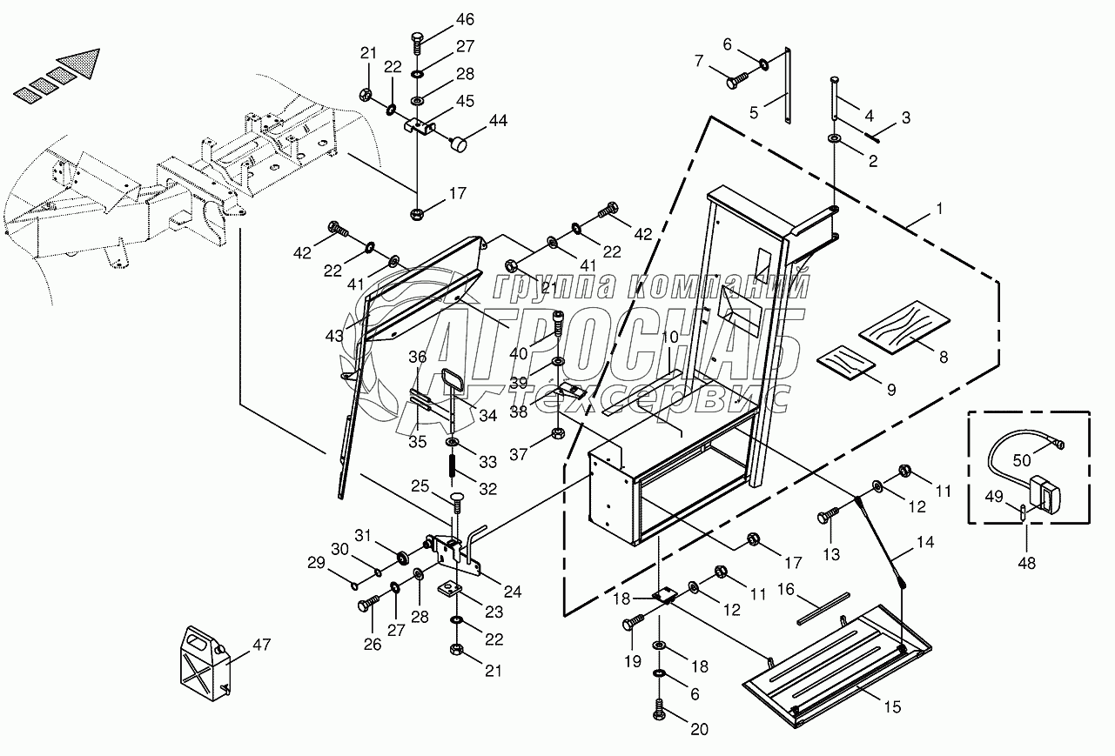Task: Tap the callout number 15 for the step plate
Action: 892,706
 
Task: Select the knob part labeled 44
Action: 459,145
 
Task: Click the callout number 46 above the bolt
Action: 466,19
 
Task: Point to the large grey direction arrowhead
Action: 80,62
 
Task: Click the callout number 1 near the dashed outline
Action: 940,209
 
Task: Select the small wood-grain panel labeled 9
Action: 846,363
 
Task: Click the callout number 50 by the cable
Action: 1021,460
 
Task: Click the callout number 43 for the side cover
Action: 334,336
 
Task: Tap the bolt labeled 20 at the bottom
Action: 660,709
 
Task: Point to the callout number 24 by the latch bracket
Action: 513,592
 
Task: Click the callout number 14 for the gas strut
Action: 925,542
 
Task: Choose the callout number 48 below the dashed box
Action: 1027,563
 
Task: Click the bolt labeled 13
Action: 828,515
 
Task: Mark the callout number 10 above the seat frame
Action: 670,338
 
